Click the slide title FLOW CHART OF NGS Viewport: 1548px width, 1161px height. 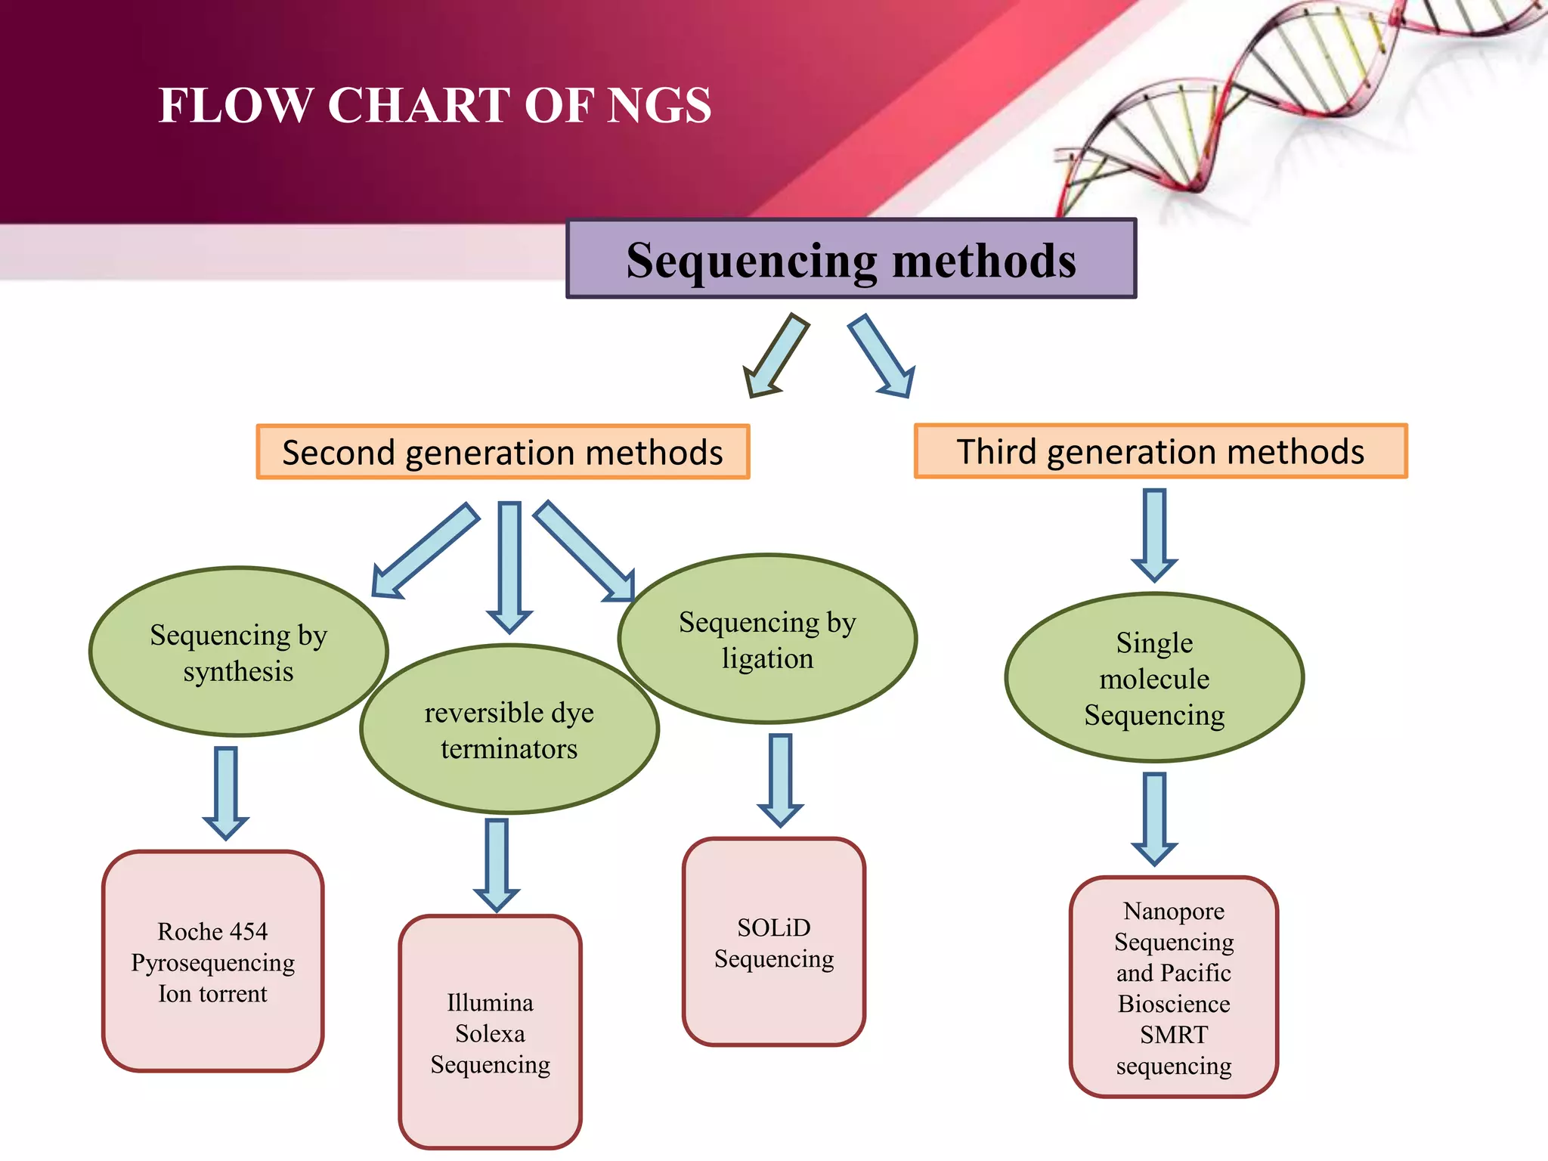435,105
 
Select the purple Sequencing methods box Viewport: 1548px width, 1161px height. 851,259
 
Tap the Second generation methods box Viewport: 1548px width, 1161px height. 503,452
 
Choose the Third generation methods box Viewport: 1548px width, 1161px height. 1160,451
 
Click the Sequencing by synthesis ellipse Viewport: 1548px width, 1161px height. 238,652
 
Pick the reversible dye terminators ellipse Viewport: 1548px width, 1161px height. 509,730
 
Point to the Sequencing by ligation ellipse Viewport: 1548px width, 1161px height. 767,639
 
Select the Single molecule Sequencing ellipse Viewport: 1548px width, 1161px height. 1154,678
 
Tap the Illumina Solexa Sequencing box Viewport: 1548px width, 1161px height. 490,1033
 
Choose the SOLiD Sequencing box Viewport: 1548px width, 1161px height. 773,942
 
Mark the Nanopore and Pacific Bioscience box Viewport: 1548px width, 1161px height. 1173,987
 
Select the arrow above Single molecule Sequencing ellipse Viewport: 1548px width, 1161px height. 1154,534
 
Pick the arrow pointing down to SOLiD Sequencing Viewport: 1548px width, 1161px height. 780,779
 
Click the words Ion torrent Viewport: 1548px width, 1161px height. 212,994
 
